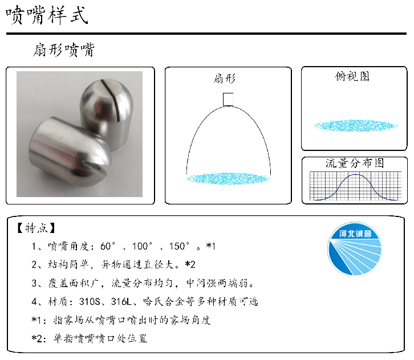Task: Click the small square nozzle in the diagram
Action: [228, 99]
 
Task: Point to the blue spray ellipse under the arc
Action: [228, 178]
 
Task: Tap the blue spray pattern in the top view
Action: [354, 125]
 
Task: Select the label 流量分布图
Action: [354, 163]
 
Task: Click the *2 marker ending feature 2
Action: [190, 265]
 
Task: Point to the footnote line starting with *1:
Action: [121, 320]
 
